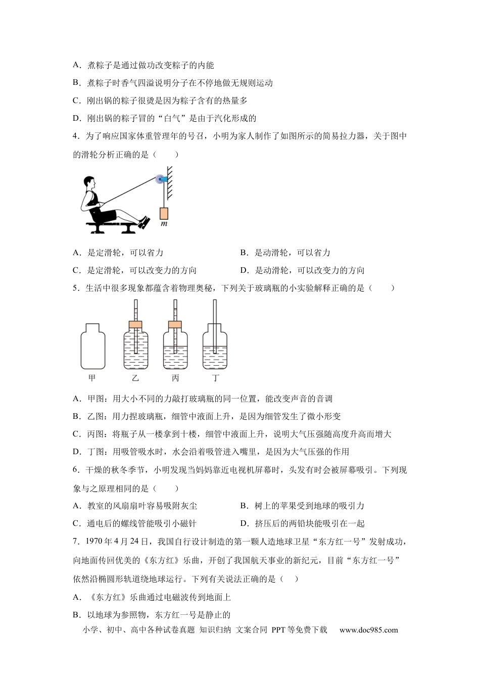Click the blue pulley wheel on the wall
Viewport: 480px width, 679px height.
pos(161,179)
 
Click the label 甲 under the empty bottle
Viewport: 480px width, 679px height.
pos(92,378)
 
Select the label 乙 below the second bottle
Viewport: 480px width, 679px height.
pos(135,378)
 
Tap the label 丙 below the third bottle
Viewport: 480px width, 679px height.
pos(175,378)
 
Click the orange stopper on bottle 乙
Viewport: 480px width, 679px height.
pos(136,324)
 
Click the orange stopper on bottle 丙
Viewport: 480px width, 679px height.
pos(175,324)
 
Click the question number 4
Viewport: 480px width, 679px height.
pos(75,136)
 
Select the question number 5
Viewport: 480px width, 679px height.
pos(75,288)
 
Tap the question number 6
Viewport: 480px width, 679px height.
pos(75,470)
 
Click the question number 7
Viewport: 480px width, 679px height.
pos(75,542)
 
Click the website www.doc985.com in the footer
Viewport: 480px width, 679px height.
pos(368,630)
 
